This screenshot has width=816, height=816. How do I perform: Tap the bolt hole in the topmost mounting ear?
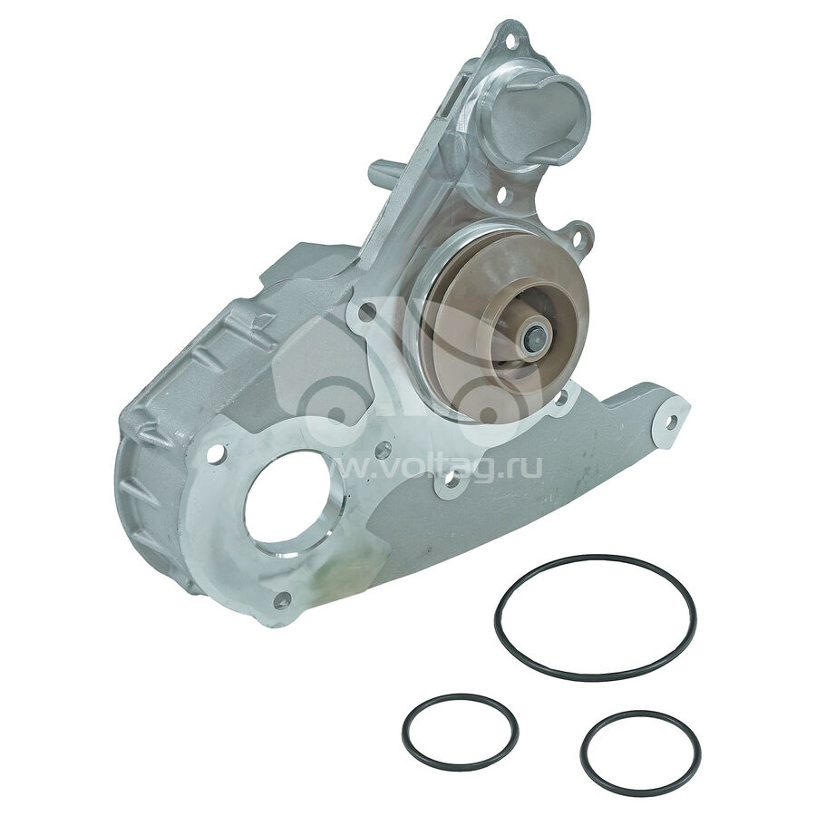[x=510, y=40]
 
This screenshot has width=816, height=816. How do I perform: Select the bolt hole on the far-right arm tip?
[x=671, y=421]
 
